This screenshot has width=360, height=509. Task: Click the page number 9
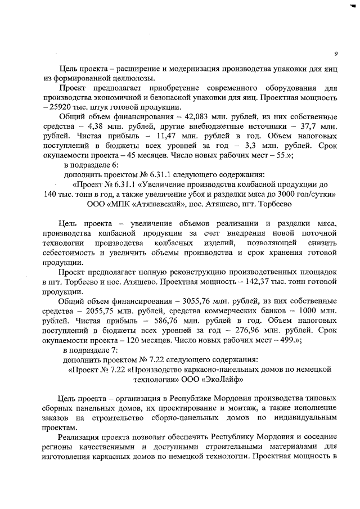point(335,54)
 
